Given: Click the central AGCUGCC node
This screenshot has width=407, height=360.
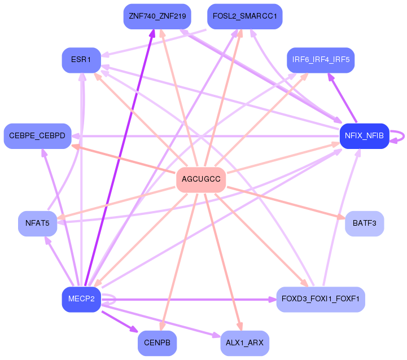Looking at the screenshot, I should (x=201, y=180).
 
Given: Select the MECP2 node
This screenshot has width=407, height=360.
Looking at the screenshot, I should (x=81, y=299).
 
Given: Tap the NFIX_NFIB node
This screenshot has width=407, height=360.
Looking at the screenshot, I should (x=364, y=136).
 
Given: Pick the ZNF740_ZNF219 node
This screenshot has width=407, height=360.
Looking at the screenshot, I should (x=157, y=16).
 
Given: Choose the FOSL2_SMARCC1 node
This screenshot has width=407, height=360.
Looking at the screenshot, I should (x=244, y=16).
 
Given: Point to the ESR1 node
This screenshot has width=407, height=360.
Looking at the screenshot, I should (x=81, y=59).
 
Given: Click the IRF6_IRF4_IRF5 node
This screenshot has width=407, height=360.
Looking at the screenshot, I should (x=321, y=59).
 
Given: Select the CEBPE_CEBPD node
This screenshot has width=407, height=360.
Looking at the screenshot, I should (x=37, y=136).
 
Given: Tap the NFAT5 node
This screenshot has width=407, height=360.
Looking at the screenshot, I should (x=37, y=223).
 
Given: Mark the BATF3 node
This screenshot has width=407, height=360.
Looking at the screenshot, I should (x=364, y=223).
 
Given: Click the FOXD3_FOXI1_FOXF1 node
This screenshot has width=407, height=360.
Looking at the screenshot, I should (x=321, y=299).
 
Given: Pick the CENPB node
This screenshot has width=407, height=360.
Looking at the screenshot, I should (x=157, y=343).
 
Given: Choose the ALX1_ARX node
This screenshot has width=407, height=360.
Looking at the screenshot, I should (x=244, y=343).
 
